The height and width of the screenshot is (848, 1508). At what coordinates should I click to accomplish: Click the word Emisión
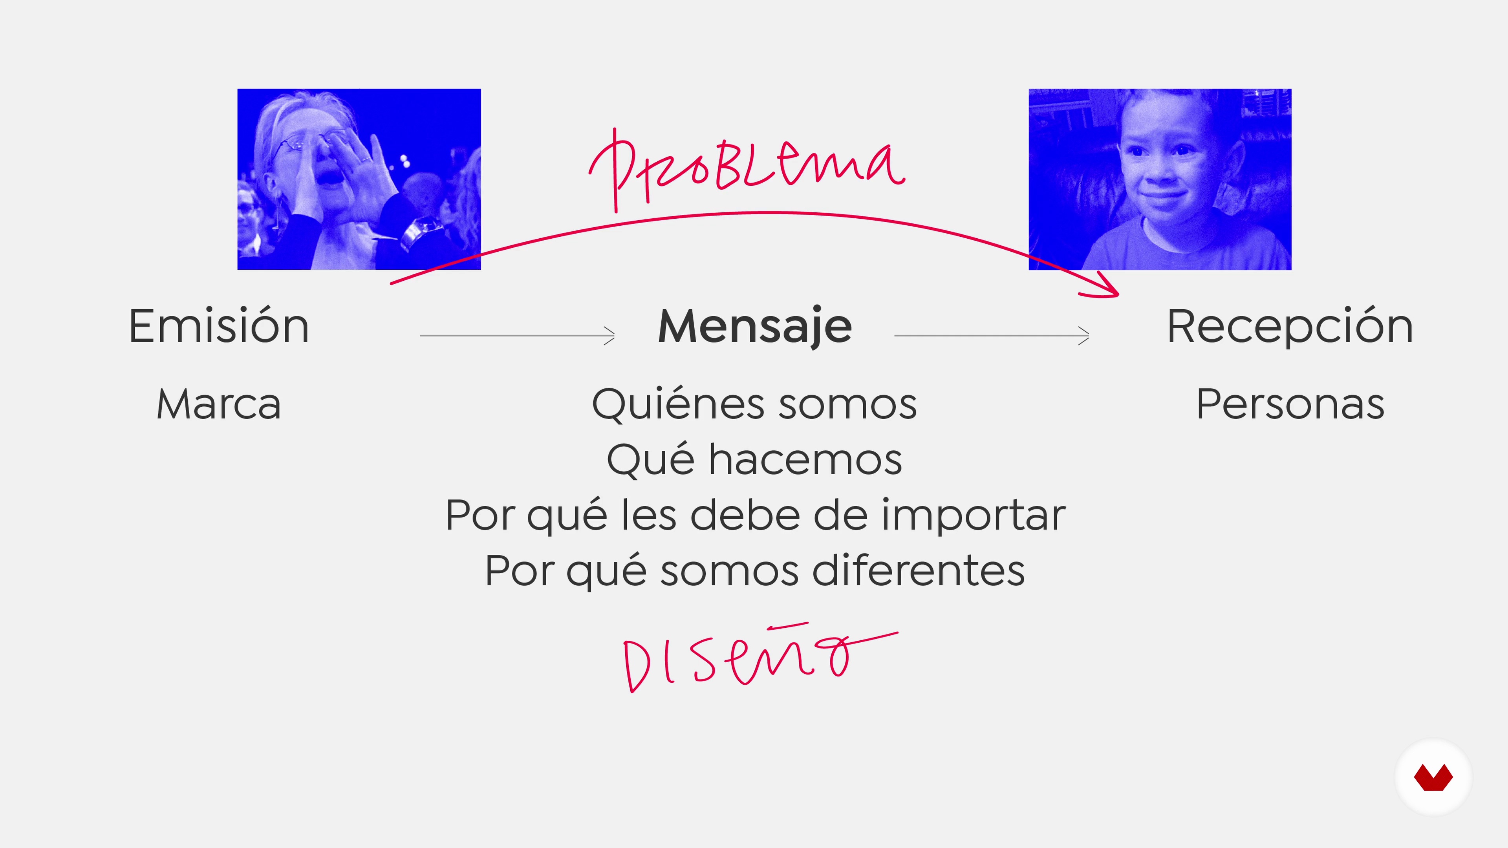(x=218, y=325)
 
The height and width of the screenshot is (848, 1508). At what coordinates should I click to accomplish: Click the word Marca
(x=218, y=404)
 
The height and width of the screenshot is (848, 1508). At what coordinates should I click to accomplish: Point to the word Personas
(x=1290, y=404)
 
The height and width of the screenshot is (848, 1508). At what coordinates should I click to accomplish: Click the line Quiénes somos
(x=754, y=404)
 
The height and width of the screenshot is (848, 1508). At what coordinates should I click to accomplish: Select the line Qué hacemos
(x=754, y=459)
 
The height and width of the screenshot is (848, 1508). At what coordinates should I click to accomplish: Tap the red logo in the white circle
(x=1433, y=778)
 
